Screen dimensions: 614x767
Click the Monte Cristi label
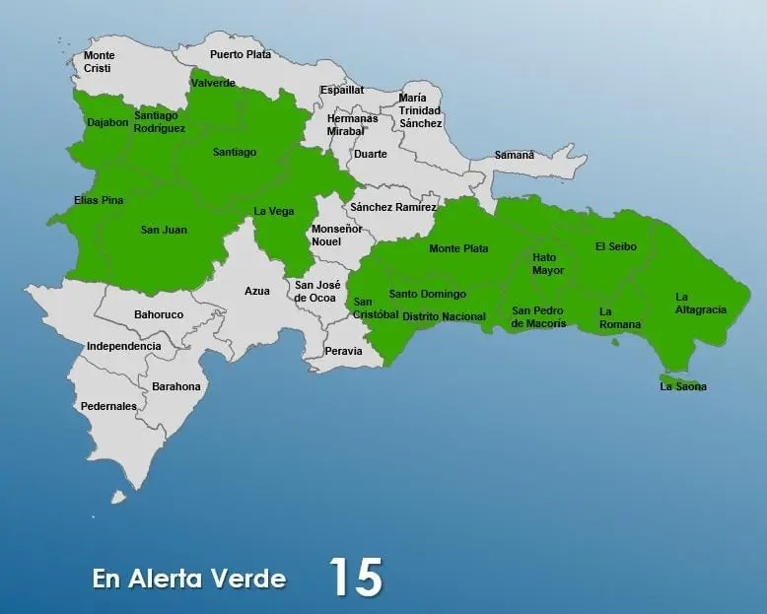click(x=99, y=62)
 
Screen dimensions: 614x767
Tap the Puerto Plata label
click(x=240, y=55)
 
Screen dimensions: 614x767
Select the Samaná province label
click(x=514, y=155)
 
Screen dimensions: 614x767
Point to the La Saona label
click(x=683, y=386)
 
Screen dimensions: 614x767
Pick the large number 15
click(x=355, y=578)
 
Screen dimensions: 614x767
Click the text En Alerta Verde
click(x=189, y=579)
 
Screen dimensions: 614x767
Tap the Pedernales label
click(x=108, y=406)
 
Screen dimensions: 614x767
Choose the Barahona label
click(x=175, y=386)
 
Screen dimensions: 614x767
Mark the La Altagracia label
click(x=700, y=303)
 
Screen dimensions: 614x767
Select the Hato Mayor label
click(x=548, y=263)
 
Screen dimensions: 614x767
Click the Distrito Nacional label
click(x=444, y=316)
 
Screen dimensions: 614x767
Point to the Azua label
click(x=257, y=291)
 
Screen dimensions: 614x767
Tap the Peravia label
click(x=344, y=351)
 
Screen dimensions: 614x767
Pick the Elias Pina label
click(x=99, y=200)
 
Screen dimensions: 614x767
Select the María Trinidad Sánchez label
click(x=420, y=110)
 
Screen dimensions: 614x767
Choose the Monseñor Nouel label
click(x=336, y=235)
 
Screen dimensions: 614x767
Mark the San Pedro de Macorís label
click(x=538, y=316)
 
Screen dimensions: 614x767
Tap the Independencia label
click(x=123, y=346)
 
